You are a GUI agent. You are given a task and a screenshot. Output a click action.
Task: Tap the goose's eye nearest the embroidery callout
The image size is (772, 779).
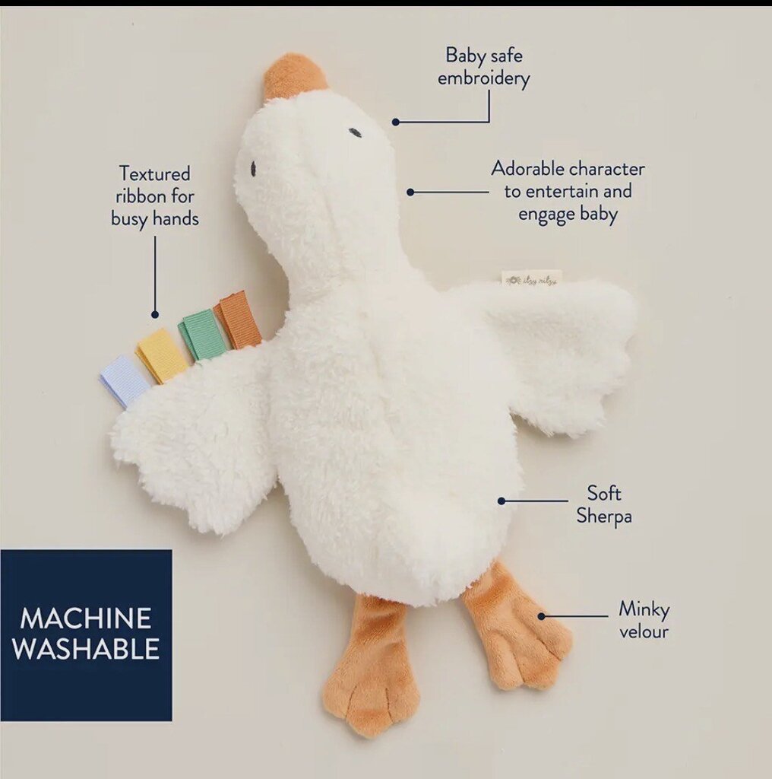click(355, 132)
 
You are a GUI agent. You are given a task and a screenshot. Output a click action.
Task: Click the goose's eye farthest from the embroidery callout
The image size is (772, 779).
click(253, 167)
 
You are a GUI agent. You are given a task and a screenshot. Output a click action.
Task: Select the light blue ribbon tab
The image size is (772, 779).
click(123, 379)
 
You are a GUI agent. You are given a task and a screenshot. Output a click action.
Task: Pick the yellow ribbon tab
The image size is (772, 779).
click(162, 355)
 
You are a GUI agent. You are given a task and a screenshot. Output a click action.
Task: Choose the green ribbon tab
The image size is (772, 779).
click(202, 335)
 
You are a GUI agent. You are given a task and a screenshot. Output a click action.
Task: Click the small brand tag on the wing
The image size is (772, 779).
click(531, 278)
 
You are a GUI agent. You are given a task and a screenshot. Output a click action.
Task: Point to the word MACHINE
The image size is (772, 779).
click(86, 618)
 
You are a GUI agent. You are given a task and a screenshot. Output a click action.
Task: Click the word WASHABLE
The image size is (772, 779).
click(86, 649)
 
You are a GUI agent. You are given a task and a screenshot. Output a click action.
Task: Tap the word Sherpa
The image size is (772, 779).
click(604, 517)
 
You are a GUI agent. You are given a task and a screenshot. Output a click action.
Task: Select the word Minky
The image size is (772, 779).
click(644, 609)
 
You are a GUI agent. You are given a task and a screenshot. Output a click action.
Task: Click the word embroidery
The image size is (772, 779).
click(483, 78)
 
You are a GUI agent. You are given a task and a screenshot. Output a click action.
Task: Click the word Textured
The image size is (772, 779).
click(155, 174)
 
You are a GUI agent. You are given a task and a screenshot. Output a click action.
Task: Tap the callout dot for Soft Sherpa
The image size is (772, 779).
click(501, 501)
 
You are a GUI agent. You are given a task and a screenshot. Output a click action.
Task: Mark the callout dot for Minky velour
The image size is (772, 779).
click(542, 616)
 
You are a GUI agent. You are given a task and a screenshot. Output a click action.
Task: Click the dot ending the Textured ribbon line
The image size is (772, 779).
click(155, 314)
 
